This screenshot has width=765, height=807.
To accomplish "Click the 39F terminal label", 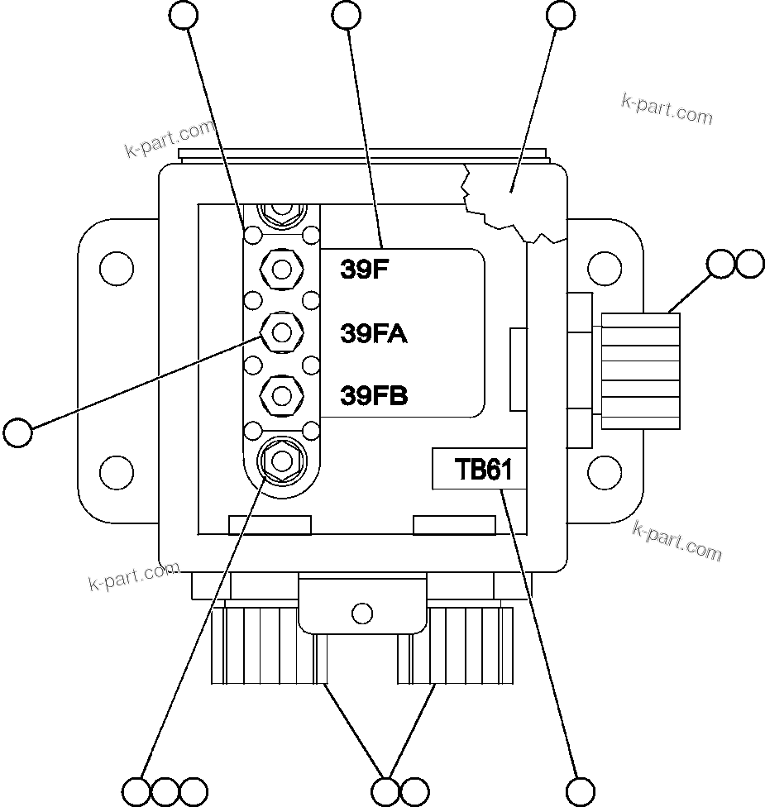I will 365,270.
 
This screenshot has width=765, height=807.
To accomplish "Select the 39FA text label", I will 374,333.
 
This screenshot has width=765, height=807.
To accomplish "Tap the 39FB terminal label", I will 375,396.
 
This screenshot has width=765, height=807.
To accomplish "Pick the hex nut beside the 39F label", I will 281,268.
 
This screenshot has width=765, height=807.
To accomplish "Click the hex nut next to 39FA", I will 281,332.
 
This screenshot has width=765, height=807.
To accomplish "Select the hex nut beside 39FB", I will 281,395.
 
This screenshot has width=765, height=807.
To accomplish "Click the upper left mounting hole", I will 116,269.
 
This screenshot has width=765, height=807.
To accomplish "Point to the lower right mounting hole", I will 605,472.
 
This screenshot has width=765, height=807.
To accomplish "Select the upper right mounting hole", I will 605,269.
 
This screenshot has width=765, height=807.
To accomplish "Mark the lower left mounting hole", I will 116,472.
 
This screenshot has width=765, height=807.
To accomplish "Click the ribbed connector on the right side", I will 641,370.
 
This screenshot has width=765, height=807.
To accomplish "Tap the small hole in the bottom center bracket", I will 361,613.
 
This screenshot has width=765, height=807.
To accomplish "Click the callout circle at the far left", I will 17,431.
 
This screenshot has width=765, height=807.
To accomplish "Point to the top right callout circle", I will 561,14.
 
